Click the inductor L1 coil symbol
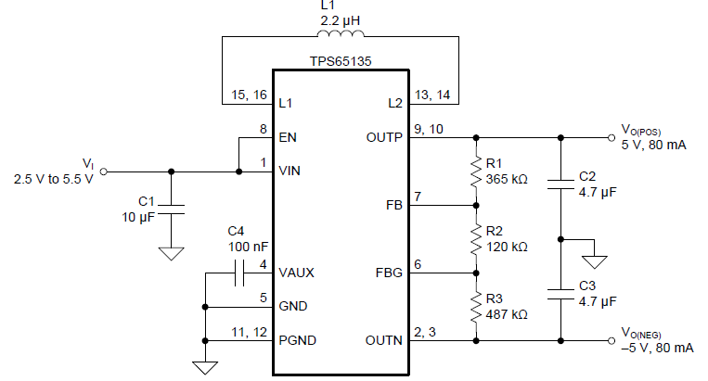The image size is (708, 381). tap(341, 36)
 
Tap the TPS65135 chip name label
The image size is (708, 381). tap(341, 59)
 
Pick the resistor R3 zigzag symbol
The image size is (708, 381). tap(475, 307)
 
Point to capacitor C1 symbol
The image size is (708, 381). tap(171, 209)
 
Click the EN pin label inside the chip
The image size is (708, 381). tap(288, 137)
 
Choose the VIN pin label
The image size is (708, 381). tap(290, 171)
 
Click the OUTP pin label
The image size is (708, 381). tap(384, 137)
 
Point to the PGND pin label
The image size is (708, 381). tap(297, 340)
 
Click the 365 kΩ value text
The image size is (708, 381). tap(506, 179)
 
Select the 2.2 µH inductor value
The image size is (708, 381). tap(341, 18)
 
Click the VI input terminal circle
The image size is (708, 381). tap(103, 171)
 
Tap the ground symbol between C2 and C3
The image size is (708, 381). tap(595, 259)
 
